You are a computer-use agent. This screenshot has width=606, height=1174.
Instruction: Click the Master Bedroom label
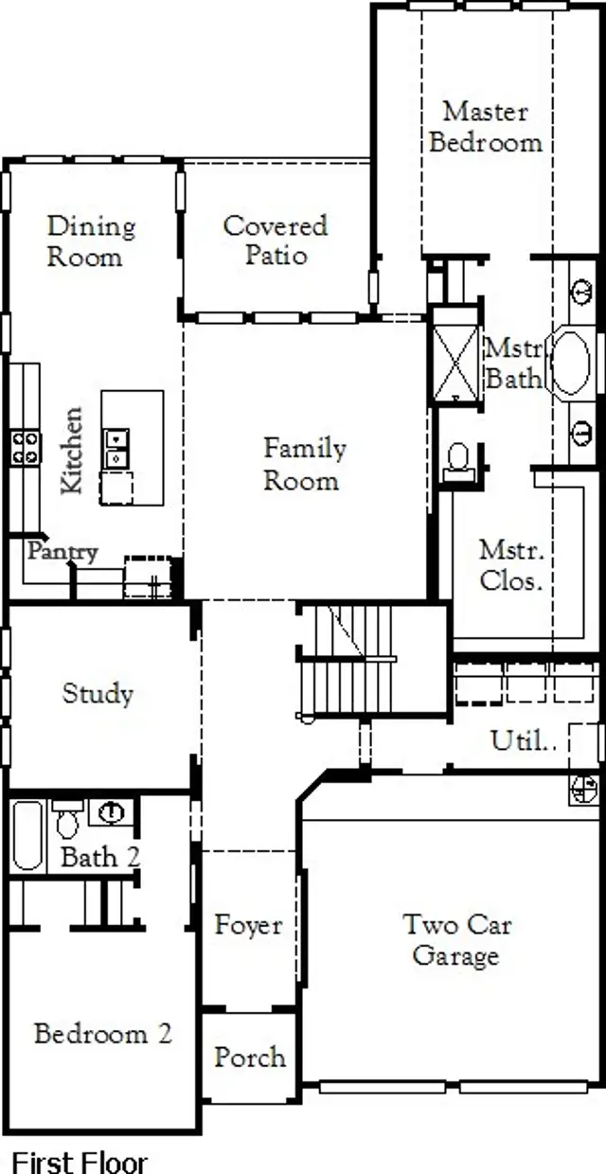[485, 127]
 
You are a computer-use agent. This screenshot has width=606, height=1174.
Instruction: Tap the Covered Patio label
[276, 240]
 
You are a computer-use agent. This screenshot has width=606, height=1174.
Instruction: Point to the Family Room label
[304, 464]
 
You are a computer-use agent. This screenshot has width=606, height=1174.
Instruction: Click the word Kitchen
[72, 450]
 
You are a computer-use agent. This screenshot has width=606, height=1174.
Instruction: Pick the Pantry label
[62, 551]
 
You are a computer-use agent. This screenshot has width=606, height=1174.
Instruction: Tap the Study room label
[98, 693]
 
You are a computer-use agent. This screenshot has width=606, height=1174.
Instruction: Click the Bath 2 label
[100, 858]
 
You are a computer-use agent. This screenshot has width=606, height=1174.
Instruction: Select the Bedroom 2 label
[102, 1033]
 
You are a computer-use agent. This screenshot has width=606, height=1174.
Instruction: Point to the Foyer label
[248, 925]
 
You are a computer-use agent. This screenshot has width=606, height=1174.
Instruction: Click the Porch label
[249, 1057]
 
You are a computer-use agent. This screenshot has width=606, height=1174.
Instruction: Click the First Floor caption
[79, 1162]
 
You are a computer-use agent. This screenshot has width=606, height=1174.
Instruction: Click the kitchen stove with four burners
[26, 448]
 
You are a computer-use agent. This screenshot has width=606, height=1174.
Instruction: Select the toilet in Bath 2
[67, 821]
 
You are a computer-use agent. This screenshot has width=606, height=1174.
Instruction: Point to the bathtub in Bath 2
[27, 835]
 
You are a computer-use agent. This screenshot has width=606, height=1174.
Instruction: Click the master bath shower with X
[455, 355]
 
